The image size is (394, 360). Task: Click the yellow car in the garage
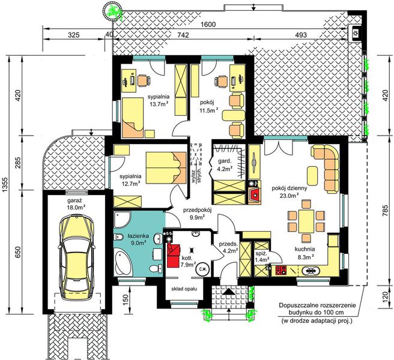(77, 257)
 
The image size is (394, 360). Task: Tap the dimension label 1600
(208, 25)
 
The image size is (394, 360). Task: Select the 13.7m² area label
(158, 104)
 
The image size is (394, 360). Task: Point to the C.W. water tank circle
(203, 269)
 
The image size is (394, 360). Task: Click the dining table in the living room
(306, 221)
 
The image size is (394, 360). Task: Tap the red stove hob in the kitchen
(281, 269)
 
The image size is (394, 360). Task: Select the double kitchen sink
(311, 271)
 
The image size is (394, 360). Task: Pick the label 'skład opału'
(184, 289)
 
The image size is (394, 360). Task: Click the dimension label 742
(183, 35)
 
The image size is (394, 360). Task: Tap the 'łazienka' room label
(138, 236)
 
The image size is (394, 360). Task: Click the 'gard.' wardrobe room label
(224, 161)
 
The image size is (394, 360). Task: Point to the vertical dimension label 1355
(5, 185)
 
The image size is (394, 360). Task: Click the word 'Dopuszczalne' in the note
(297, 305)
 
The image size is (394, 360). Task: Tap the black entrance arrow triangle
(229, 291)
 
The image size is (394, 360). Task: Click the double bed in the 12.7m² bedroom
(166, 167)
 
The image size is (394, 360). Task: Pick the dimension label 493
(300, 35)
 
